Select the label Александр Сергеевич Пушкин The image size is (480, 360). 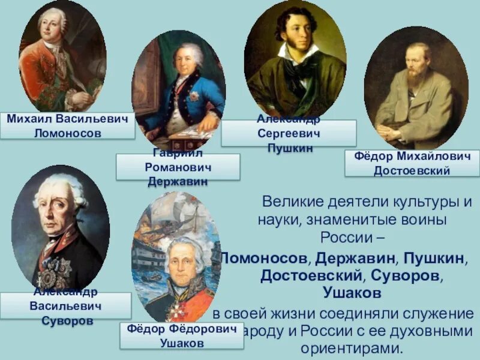(x=288, y=133)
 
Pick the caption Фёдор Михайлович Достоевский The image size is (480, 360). (x=412, y=163)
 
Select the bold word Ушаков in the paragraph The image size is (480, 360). (x=351, y=292)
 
